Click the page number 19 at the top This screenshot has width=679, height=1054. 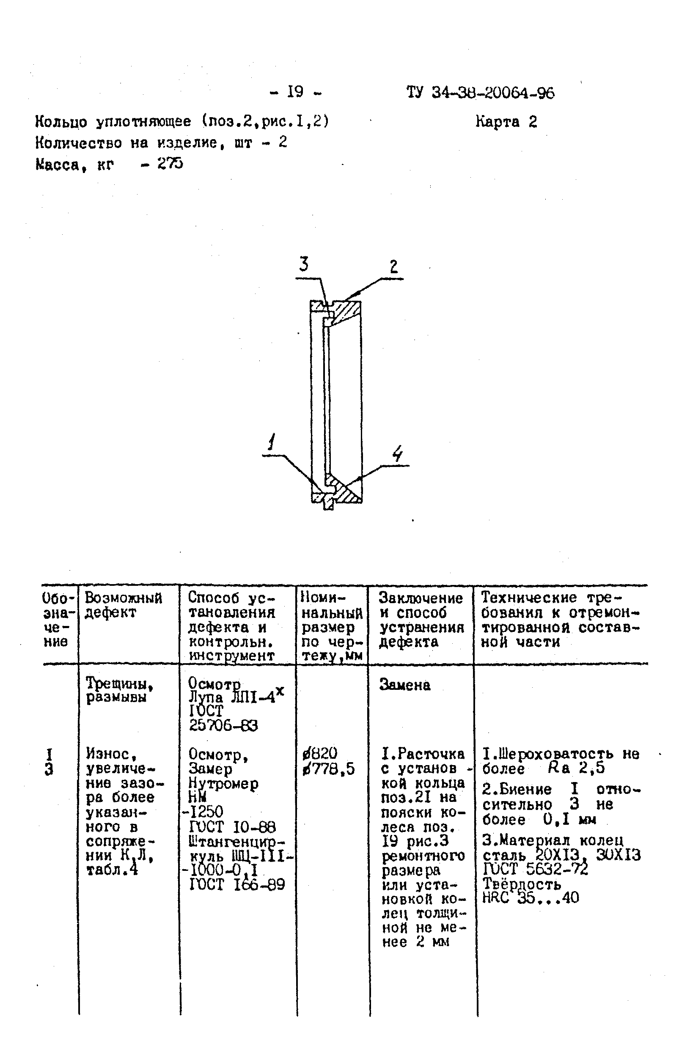click(295, 92)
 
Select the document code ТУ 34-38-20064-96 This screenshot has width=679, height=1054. click(480, 93)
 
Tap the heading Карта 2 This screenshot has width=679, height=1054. click(506, 122)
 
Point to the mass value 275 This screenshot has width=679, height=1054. click(170, 164)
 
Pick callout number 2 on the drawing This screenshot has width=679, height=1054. click(393, 266)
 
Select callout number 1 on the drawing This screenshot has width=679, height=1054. click(272, 442)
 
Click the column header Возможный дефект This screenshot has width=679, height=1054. click(124, 605)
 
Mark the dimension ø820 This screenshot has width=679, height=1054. click(320, 753)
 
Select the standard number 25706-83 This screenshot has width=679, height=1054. click(223, 725)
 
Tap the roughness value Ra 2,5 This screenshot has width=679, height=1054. click(576, 768)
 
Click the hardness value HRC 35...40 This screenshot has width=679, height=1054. click(531, 898)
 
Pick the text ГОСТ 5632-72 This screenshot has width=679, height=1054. click(535, 869)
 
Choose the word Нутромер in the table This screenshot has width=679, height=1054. click(223, 783)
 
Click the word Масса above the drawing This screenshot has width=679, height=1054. click(57, 165)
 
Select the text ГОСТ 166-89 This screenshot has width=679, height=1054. click(237, 884)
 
